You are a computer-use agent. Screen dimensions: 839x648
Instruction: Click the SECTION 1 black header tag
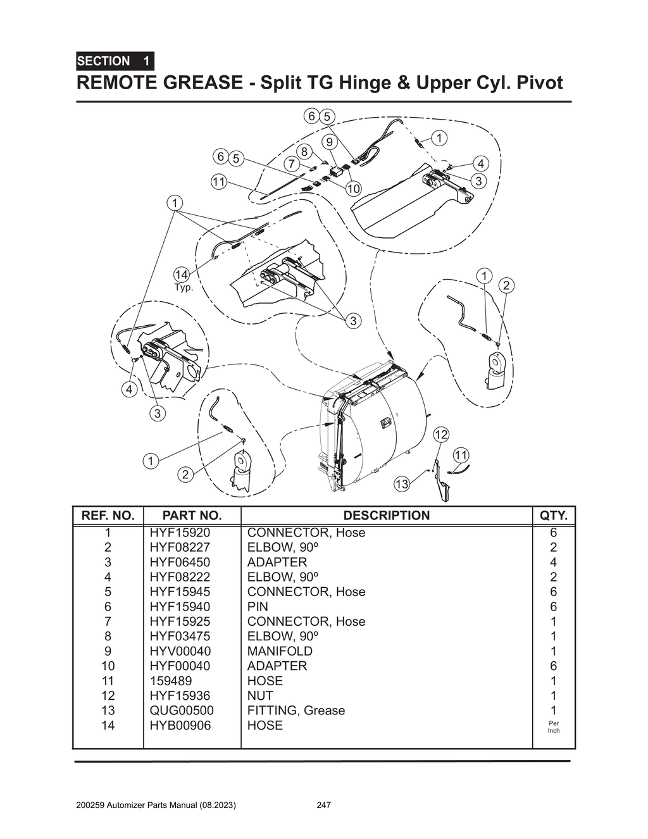click(x=115, y=61)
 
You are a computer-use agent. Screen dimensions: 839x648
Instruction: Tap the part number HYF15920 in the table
click(x=179, y=533)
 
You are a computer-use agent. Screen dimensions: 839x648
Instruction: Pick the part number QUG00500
click(x=181, y=711)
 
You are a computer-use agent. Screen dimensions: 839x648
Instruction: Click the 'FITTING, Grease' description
click(x=296, y=711)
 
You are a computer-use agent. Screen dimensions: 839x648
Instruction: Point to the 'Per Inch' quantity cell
click(x=553, y=726)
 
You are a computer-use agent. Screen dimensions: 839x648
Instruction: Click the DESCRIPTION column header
click(x=386, y=516)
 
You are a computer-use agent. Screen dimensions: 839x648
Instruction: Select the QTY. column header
click(x=553, y=516)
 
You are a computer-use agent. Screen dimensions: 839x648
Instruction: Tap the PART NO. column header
click(x=192, y=516)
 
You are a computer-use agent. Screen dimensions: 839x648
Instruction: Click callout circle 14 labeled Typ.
click(x=182, y=275)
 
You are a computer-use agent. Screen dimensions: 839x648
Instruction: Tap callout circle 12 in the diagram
click(x=441, y=434)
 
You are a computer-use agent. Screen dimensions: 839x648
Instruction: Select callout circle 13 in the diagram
click(x=402, y=485)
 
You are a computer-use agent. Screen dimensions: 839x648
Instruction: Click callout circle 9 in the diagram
click(x=330, y=141)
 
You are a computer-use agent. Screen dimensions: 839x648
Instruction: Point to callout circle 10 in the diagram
click(x=353, y=189)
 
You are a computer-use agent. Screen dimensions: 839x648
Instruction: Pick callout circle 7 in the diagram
click(x=291, y=164)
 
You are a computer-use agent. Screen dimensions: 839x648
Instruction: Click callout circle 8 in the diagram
click(x=304, y=152)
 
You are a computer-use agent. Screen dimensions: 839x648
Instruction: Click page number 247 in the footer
click(x=323, y=805)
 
